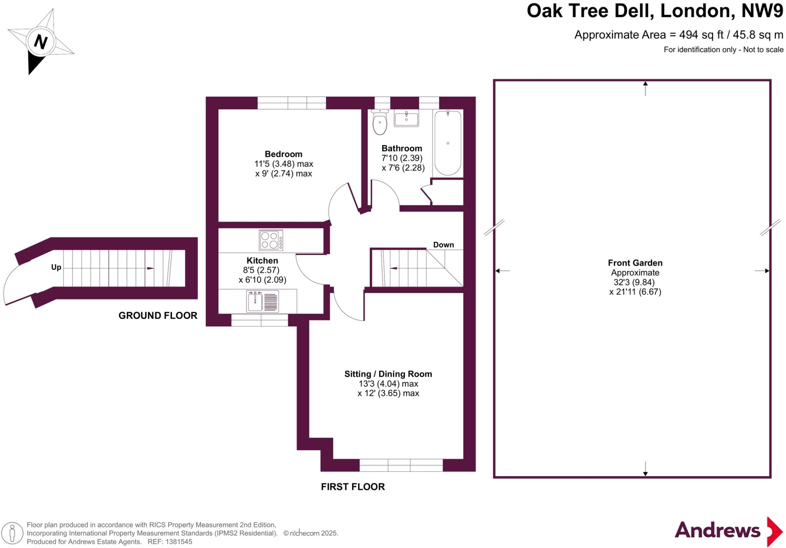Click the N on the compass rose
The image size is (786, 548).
coord(40,41)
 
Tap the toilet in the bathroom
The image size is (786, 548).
coord(380,123)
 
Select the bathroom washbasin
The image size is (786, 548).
coord(406,118)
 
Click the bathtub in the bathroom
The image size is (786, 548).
coord(447,143)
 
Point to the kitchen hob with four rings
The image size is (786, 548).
coord(271,240)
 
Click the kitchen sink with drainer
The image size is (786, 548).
coord(263,301)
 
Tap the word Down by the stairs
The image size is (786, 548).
coord(443,245)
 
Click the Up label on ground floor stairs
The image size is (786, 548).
coord(56,267)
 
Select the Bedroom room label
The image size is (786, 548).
coord(283,154)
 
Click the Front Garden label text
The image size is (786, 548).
coord(635,263)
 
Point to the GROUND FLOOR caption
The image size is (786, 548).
coord(158,316)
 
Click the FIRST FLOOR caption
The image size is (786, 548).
coord(353,487)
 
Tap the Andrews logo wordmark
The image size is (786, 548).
coord(717,530)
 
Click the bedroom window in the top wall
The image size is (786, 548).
coord(291,103)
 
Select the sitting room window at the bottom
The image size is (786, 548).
coord(401,465)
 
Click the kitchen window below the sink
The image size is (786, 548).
coord(260,320)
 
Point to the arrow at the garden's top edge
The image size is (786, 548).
coord(645,88)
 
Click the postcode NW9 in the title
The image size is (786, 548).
coord(762,11)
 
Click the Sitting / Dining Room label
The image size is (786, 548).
coord(388,374)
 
